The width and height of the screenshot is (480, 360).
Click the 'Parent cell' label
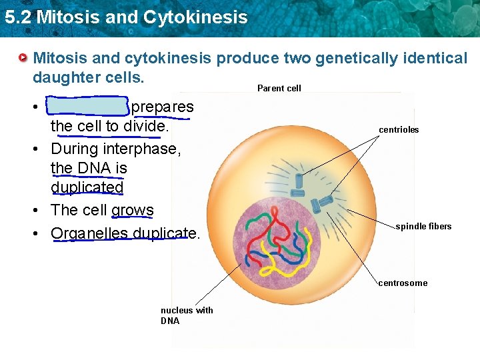point(279,88)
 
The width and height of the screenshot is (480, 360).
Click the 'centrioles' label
point(399,130)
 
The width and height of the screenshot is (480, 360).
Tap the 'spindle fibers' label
point(423,227)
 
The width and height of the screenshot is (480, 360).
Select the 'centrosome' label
point(403,283)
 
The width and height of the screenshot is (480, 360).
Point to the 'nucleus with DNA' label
point(187,315)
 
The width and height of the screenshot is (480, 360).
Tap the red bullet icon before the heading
point(23,59)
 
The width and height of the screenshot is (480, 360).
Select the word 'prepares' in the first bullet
point(162,107)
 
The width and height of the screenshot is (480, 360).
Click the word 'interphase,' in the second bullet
point(141,148)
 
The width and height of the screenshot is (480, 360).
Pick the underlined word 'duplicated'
point(87,188)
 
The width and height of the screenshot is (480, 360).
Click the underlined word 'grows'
point(132,210)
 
